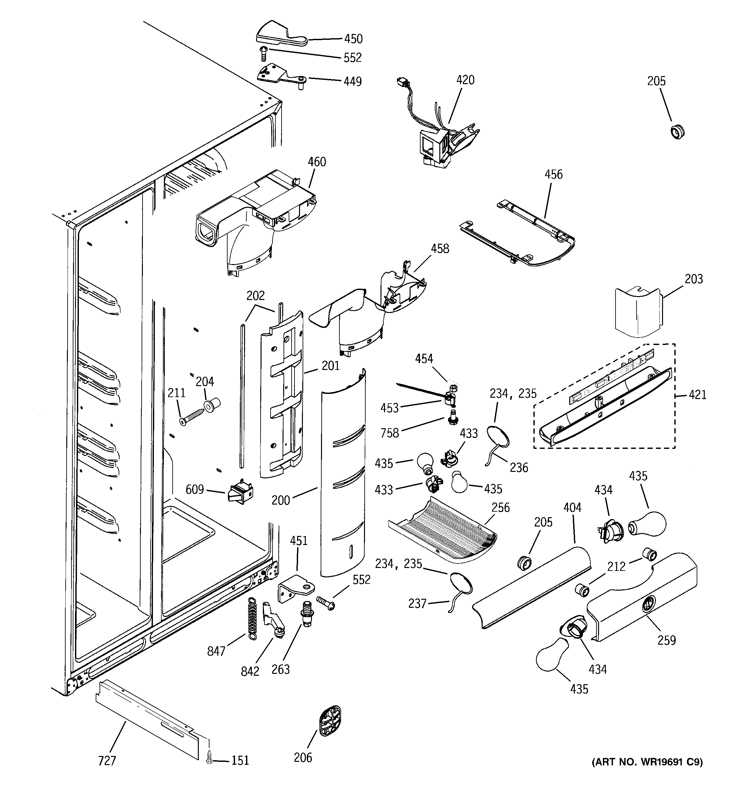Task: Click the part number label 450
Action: (353, 39)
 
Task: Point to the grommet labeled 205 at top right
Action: (678, 132)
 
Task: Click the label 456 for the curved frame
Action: (553, 174)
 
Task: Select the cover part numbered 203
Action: (638, 312)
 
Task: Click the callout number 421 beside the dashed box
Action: (697, 395)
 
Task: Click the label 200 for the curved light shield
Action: (281, 500)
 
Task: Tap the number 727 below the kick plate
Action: (107, 761)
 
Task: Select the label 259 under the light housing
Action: (667, 640)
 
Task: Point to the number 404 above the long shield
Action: (572, 508)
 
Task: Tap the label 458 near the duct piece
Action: (440, 249)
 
